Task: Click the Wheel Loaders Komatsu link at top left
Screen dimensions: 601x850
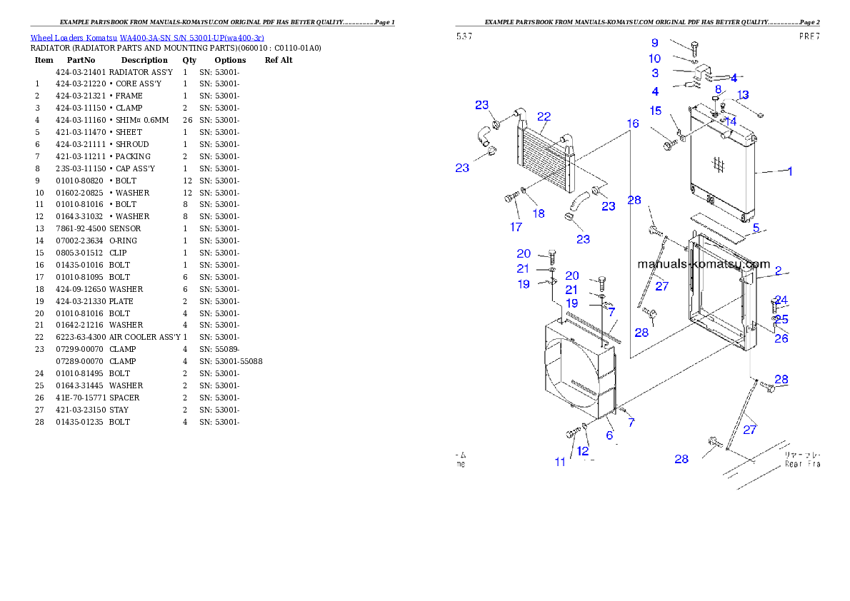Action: click(x=147, y=38)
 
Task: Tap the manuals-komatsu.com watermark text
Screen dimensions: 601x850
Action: click(x=704, y=264)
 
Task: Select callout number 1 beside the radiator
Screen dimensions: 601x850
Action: click(x=789, y=171)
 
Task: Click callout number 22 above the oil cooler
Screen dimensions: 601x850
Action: click(x=544, y=117)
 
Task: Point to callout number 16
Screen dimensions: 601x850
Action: click(x=633, y=123)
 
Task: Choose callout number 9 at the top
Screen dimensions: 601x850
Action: click(x=654, y=44)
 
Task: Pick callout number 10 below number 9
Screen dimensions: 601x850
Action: click(x=654, y=59)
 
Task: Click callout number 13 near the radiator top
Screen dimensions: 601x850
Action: click(x=743, y=95)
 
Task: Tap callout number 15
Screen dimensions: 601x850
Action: click(x=655, y=111)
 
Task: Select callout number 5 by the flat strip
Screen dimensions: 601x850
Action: click(x=756, y=228)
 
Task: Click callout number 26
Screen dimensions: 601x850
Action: click(x=781, y=338)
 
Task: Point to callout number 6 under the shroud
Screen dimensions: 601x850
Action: click(x=609, y=435)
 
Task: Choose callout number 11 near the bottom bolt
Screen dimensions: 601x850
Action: click(x=560, y=462)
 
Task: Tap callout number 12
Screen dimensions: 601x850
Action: click(x=583, y=451)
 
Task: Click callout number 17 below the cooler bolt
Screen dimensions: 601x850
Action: click(x=516, y=227)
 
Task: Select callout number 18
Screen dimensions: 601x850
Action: click(x=538, y=213)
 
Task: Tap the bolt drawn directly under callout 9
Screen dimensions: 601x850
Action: click(x=694, y=48)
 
